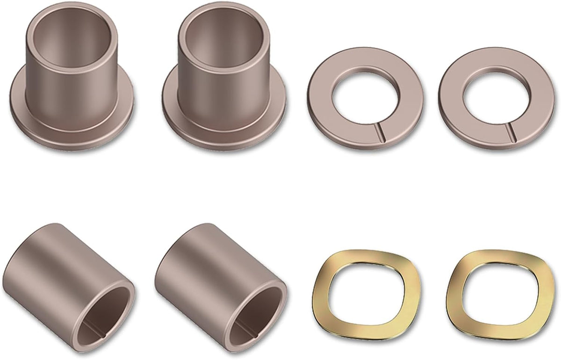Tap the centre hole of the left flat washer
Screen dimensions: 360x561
(x=366, y=98)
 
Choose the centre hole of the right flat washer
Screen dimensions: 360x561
(x=497, y=98)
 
